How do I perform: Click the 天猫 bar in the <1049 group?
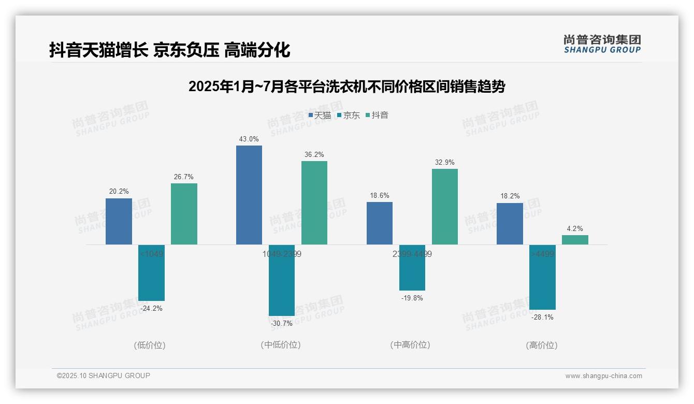click(x=119, y=221)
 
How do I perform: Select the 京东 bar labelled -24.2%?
click(x=151, y=272)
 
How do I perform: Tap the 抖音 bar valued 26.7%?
click(x=184, y=214)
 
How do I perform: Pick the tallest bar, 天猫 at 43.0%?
click(x=249, y=195)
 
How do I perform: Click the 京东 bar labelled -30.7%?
click(x=282, y=280)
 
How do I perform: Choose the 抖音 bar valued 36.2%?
click(x=314, y=203)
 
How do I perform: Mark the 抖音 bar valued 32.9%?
click(x=445, y=207)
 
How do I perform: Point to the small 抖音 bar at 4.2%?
click(x=575, y=240)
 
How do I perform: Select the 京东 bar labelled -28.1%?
click(x=542, y=277)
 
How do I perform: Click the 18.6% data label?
click(x=380, y=196)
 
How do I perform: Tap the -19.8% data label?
click(x=412, y=298)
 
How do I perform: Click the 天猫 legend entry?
click(x=320, y=115)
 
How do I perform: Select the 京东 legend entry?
click(x=348, y=115)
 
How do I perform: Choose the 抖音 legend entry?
click(x=377, y=115)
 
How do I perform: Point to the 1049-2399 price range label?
click(x=282, y=254)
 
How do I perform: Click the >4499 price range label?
click(x=542, y=254)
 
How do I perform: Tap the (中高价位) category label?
click(x=410, y=345)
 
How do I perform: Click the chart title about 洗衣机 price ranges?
click(x=346, y=86)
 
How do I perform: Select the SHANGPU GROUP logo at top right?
click(x=602, y=44)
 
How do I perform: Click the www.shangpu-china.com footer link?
click(x=603, y=376)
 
